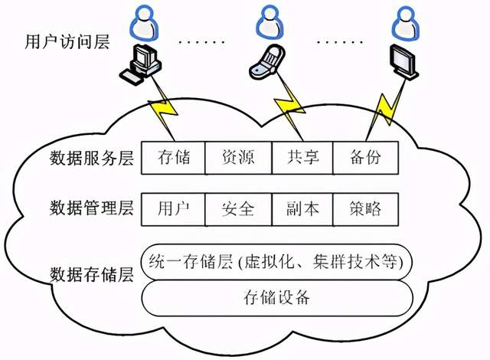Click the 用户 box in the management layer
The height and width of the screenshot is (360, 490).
(174, 208)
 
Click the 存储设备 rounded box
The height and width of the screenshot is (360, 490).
(277, 297)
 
